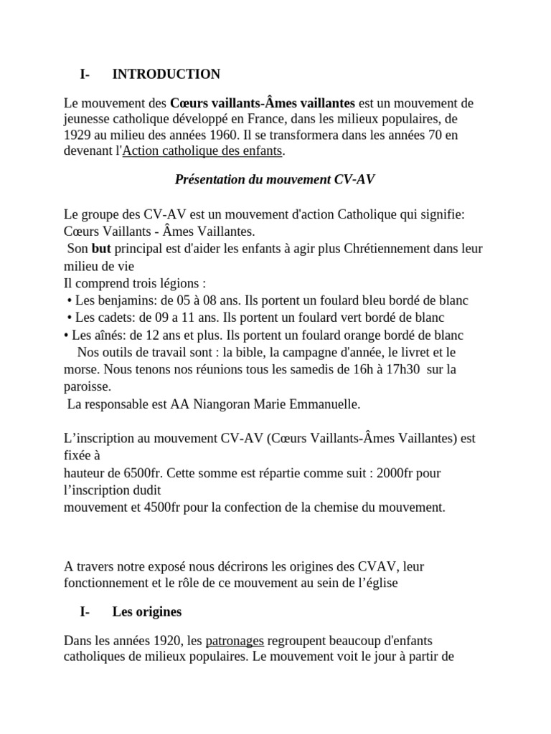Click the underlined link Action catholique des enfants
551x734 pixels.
[x=203, y=151]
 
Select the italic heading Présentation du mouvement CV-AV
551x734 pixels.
[x=275, y=179]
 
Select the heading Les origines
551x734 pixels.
[x=147, y=611]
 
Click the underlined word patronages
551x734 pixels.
[x=235, y=640]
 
